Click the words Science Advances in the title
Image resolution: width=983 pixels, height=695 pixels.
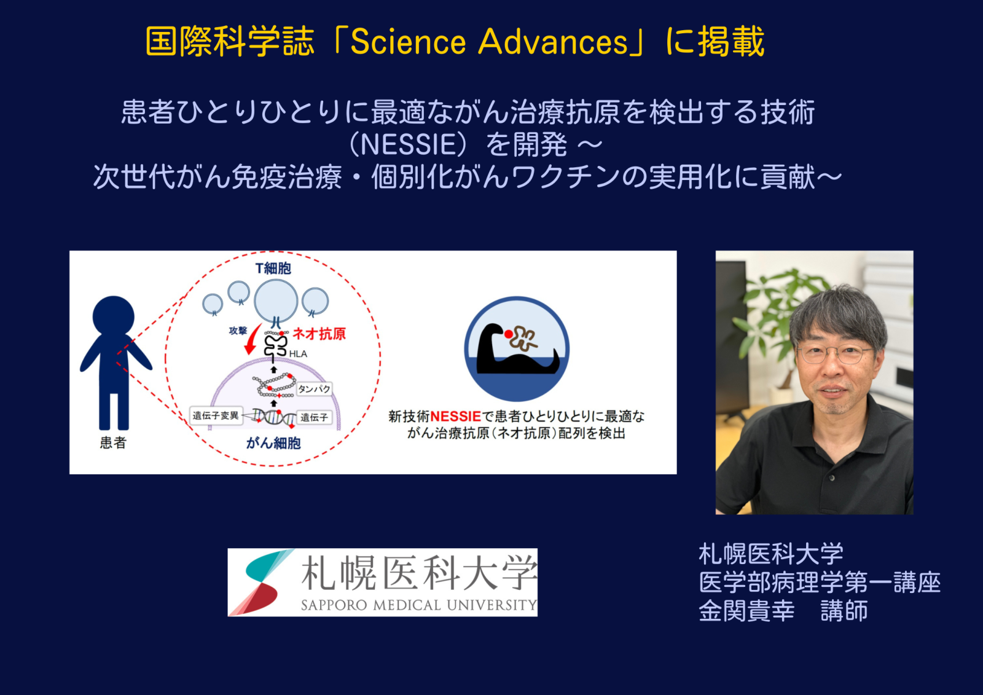[489, 42]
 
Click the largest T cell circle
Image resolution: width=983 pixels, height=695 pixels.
[276, 302]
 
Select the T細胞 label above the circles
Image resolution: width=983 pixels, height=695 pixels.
[273, 269]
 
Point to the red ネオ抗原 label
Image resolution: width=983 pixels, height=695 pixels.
[319, 334]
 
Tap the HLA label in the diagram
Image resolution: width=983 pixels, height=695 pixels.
[298, 354]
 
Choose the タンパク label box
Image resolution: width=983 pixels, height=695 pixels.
[314, 389]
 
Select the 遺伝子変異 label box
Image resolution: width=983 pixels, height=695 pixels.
[216, 415]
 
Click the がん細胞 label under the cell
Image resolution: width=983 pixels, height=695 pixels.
[273, 444]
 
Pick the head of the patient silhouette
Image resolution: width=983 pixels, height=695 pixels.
[113, 316]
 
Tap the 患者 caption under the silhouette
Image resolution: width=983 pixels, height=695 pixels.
[113, 442]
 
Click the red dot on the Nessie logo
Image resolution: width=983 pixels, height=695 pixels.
[509, 334]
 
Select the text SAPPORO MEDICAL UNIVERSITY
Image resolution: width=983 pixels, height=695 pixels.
[419, 605]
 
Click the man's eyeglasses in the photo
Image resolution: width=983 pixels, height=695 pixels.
[834, 354]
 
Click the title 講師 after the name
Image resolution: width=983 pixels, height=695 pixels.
[844, 611]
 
